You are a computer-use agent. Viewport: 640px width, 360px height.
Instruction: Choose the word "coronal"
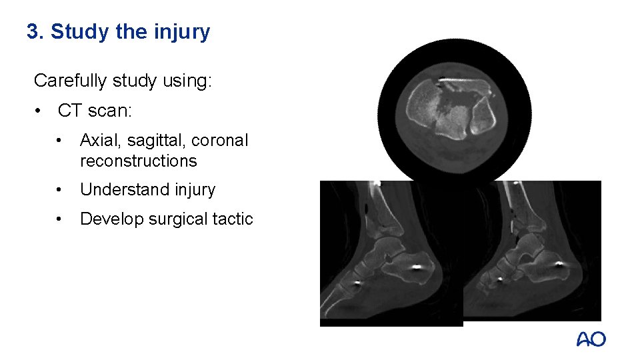[219, 141]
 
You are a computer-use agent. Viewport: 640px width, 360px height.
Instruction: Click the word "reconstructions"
[138, 161]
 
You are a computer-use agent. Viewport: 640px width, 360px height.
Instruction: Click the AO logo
[591, 339]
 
